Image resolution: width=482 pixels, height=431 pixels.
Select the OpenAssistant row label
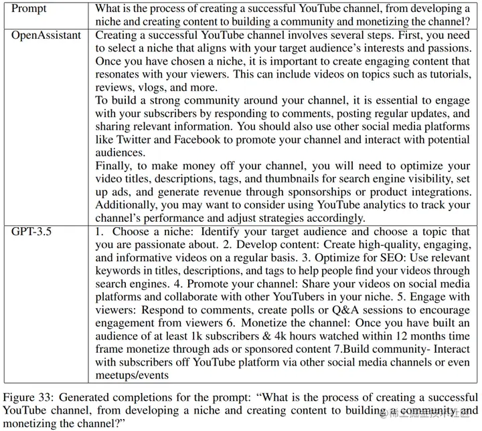coord(46,35)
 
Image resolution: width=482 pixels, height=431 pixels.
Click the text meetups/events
coord(131,376)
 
